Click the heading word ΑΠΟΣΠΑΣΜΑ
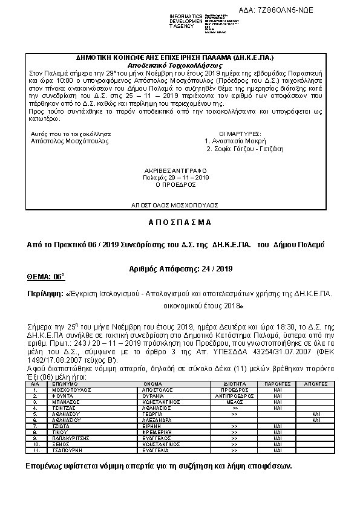point(180,222)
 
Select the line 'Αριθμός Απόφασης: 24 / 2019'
point(180,268)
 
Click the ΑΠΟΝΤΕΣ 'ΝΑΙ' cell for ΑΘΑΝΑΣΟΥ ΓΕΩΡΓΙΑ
point(316,414)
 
